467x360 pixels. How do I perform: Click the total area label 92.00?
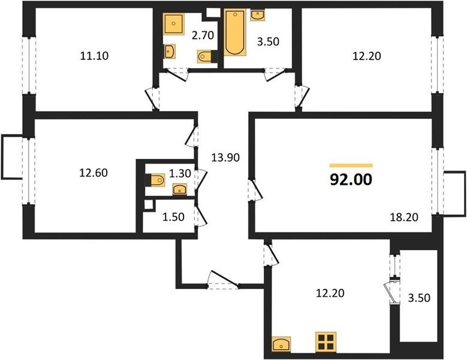351,180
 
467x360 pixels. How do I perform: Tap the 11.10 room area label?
94,56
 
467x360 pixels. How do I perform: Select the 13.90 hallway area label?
225,157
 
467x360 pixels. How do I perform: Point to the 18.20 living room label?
404,217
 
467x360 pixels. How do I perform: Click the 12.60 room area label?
94,173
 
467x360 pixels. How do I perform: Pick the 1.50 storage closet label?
173,217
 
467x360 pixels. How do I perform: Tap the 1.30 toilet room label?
180,173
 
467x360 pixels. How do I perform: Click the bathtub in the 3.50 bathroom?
235,32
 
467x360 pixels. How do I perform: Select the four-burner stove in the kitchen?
326,342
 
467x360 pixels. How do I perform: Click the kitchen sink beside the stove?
281,344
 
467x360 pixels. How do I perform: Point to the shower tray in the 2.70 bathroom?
173,23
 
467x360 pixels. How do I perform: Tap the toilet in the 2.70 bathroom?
205,56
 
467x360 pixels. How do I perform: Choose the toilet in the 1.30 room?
156,180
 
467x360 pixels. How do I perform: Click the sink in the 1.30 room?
180,189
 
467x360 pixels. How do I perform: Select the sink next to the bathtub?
258,14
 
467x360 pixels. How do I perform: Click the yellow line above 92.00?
351,166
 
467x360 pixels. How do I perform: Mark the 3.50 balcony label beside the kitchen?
419,298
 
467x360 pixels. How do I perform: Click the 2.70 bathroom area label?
203,35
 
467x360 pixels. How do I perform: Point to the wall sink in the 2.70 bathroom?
170,51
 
